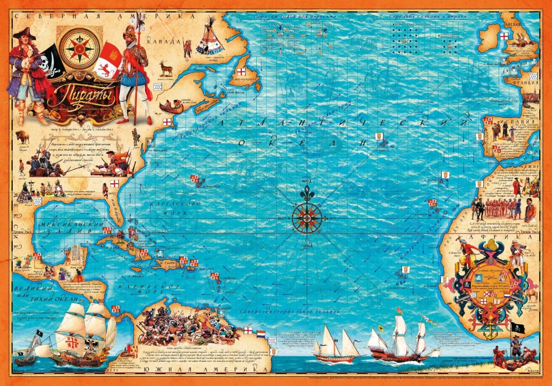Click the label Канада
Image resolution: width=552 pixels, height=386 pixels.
pos(169,41)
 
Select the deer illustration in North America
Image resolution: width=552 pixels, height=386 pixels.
pos(166,68)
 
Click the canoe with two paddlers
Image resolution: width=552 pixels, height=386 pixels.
pos(173,105)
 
